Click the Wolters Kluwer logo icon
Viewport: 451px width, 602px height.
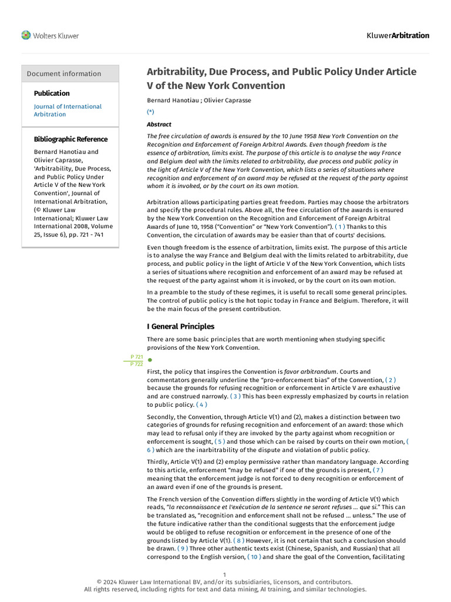26,35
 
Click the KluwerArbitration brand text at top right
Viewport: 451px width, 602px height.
398,35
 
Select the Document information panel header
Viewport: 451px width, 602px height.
64,73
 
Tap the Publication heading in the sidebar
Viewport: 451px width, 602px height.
52,93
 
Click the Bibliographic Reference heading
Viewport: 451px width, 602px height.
70,139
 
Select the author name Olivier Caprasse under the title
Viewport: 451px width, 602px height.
226,100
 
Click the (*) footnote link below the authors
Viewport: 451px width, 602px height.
151,112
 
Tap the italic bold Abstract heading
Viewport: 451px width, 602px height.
159,125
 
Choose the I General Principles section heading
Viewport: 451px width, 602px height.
180,326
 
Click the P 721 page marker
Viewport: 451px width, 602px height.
136,357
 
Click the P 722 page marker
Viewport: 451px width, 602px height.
136,364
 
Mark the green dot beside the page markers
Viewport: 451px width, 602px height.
150,360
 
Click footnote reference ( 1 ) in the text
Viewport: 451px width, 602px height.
340,226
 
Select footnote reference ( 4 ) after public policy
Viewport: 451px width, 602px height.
201,404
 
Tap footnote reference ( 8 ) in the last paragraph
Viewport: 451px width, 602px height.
239,540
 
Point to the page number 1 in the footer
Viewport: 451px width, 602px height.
225,574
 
